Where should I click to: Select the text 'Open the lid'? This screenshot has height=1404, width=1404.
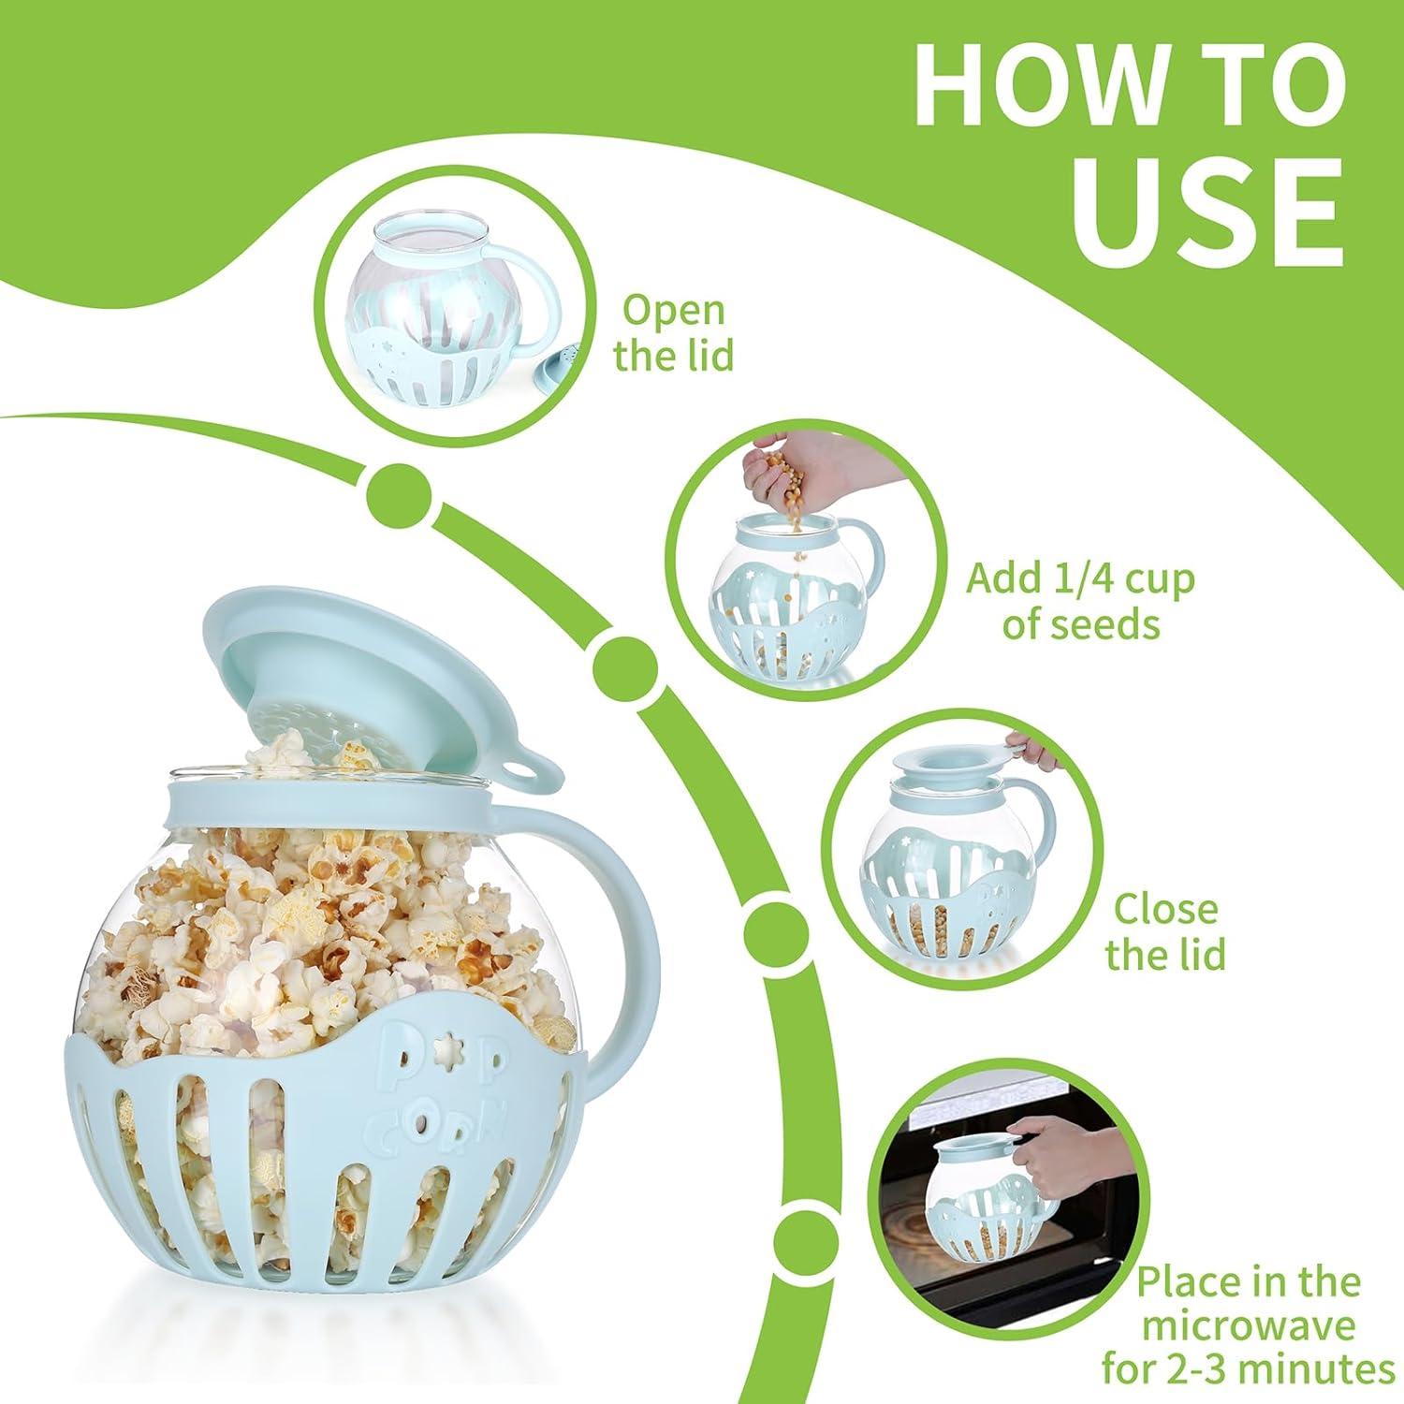[673, 333]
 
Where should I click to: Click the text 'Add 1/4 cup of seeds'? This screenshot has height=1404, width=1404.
[1081, 601]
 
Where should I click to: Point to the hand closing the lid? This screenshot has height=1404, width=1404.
[1034, 749]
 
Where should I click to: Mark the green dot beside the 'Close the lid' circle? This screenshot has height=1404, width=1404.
[775, 927]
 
